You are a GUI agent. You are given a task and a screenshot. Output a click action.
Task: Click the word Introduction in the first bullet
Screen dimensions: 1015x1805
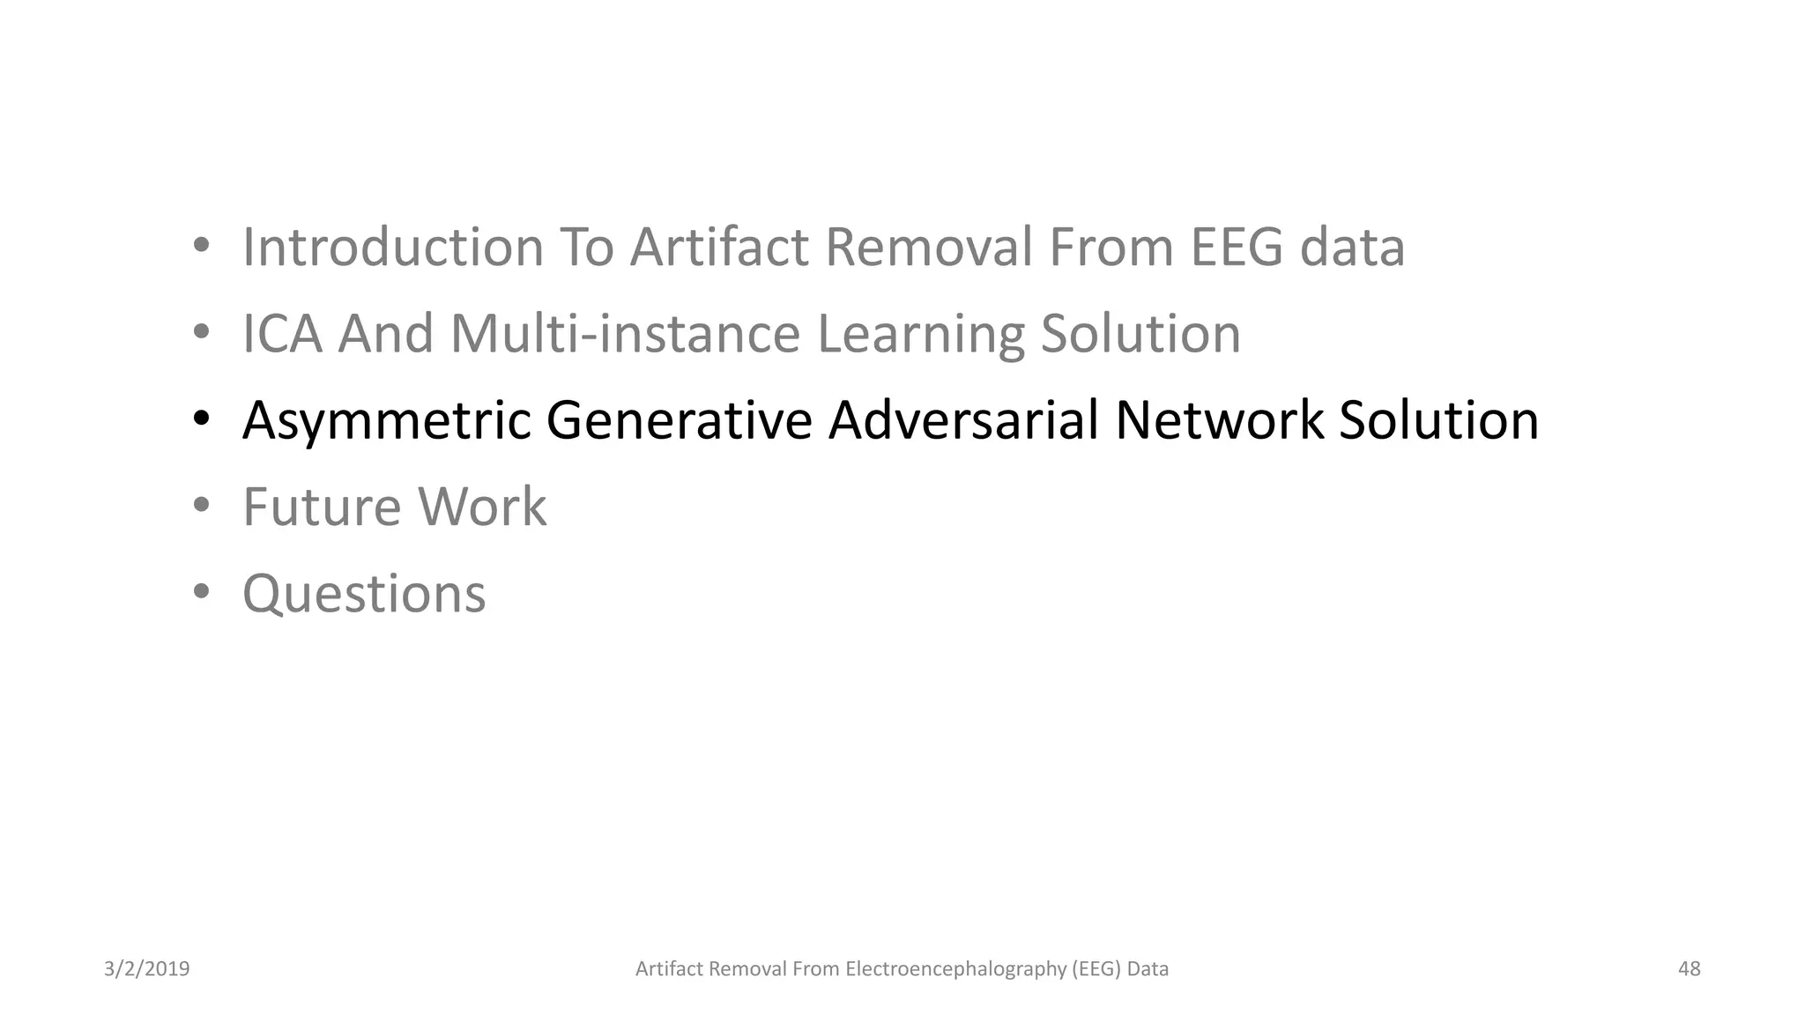tap(392, 247)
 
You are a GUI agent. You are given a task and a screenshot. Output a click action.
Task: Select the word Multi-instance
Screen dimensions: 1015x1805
tap(625, 334)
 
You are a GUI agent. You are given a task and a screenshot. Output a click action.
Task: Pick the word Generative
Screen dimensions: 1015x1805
tap(679, 420)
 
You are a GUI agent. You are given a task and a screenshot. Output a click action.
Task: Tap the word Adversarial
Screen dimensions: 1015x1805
tap(962, 420)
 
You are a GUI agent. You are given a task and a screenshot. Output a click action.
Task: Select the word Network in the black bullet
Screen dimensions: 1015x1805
tap(1219, 420)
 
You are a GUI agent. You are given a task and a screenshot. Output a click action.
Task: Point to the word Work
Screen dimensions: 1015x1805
tap(482, 507)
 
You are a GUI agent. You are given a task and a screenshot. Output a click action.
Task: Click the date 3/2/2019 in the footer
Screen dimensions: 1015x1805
tap(146, 969)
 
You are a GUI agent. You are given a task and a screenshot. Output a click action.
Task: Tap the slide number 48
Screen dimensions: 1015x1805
tap(1689, 969)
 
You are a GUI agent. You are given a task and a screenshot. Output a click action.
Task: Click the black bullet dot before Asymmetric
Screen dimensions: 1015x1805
tap(202, 419)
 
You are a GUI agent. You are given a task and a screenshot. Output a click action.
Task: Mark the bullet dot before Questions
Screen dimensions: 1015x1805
tap(202, 592)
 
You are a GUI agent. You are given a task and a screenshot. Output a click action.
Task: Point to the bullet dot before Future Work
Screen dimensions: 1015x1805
tap(202, 506)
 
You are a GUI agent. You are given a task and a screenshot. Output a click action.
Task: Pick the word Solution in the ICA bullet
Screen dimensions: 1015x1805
tap(1140, 334)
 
